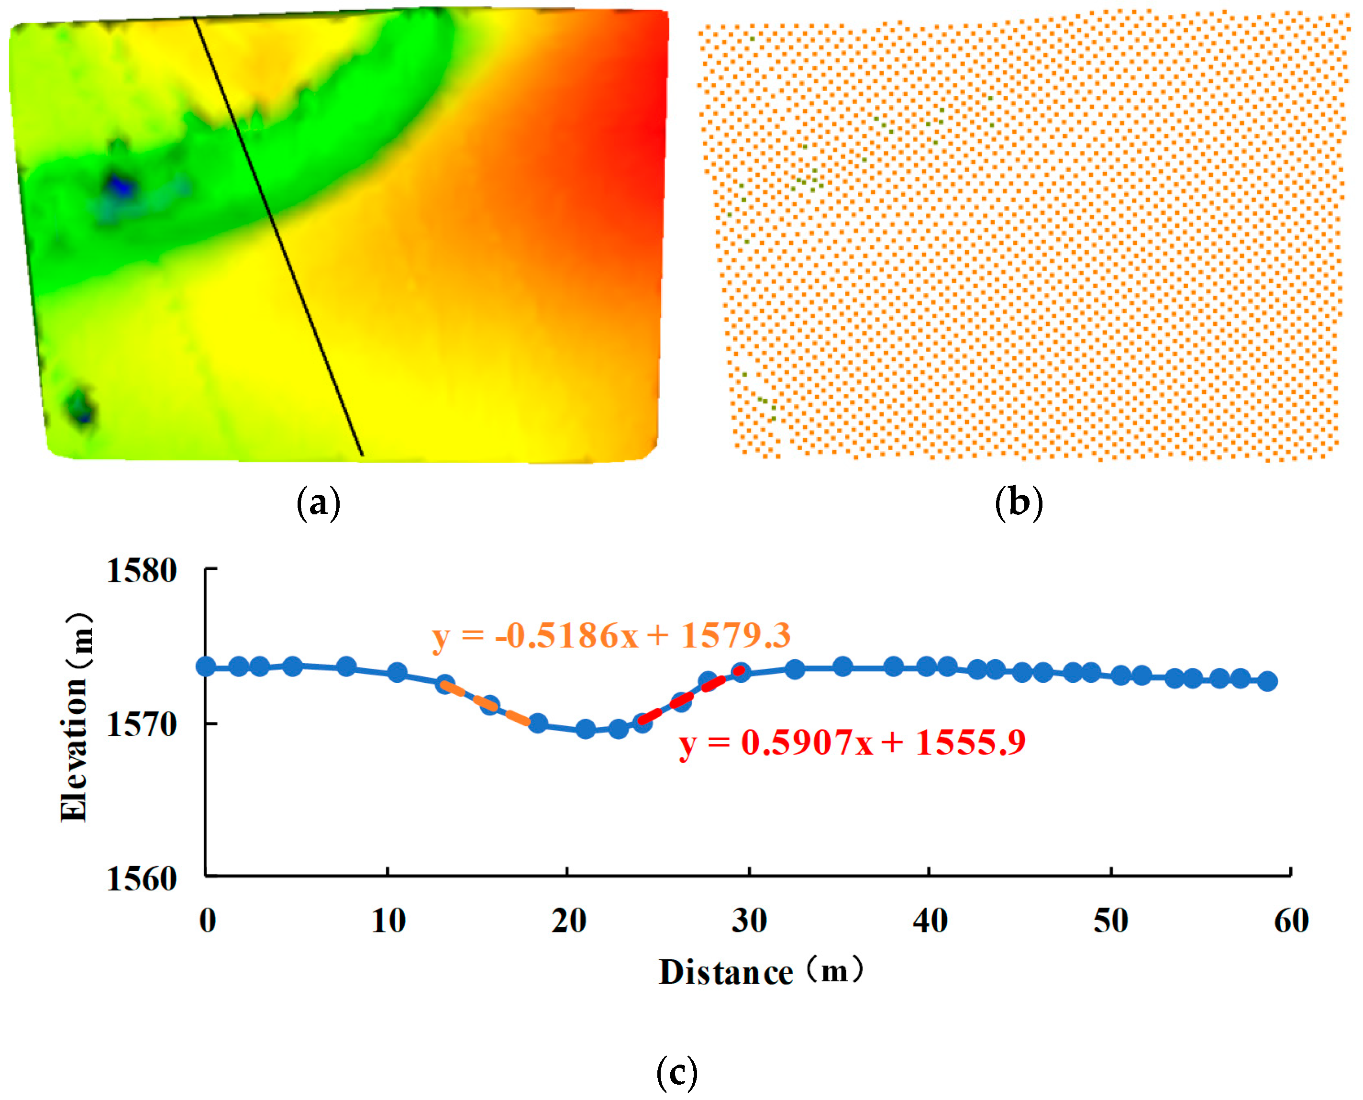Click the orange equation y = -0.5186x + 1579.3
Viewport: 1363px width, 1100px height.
point(611,635)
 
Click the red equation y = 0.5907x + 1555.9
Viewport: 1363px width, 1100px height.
point(852,742)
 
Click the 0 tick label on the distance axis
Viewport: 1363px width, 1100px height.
point(208,921)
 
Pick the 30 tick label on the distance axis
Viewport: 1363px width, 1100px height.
point(750,921)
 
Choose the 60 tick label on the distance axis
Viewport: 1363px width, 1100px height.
point(1291,921)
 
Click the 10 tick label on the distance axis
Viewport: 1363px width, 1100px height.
point(388,921)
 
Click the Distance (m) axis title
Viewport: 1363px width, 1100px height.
point(760,971)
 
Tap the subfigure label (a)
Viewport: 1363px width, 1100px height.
point(319,504)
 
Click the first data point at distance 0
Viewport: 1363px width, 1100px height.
point(206,667)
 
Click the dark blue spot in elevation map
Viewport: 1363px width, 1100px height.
point(121,186)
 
